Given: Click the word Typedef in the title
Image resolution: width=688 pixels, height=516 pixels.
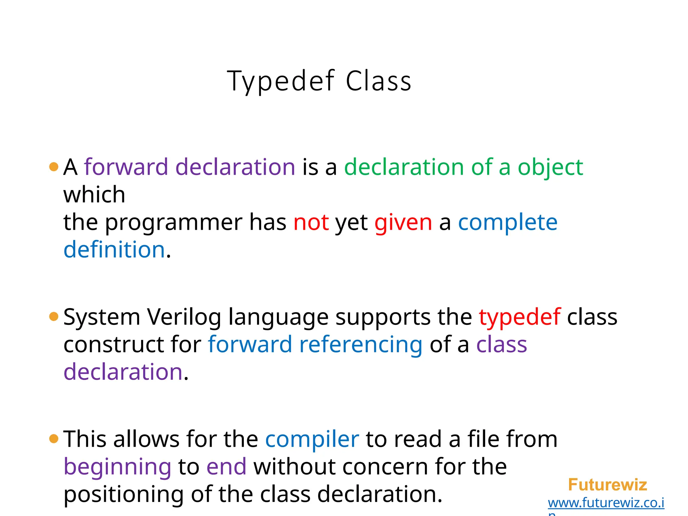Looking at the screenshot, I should [x=281, y=81].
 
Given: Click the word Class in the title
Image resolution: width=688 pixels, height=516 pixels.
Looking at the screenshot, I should [x=378, y=81].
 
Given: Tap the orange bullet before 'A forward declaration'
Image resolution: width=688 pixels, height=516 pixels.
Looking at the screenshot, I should [x=54, y=167].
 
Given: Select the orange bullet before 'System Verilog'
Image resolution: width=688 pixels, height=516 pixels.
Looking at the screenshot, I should [x=54, y=316].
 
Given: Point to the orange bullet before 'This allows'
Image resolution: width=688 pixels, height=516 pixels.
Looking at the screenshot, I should [x=54, y=439].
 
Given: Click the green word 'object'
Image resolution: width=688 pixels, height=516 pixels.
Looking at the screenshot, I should [x=550, y=167].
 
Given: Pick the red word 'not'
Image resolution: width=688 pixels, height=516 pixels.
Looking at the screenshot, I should [x=311, y=222].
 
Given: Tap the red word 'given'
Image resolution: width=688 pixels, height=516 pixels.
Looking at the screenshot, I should [x=403, y=223].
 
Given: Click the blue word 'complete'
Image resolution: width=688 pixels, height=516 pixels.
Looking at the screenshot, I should [x=508, y=222].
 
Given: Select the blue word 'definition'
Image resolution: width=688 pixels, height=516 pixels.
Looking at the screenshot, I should [x=114, y=250].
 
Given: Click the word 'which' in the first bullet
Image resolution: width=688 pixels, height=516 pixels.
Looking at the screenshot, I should [x=94, y=195].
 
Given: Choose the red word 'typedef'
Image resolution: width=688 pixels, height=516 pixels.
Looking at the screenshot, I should [x=520, y=317].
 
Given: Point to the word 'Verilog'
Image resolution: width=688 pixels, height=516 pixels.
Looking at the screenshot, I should [x=184, y=317].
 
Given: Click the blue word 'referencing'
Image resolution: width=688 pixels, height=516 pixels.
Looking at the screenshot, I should [x=361, y=345].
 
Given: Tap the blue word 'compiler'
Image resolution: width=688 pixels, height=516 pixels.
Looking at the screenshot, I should [x=312, y=439].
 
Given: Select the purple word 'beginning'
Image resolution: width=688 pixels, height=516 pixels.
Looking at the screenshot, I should [x=118, y=467].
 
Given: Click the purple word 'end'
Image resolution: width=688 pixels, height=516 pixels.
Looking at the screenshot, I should [x=226, y=467].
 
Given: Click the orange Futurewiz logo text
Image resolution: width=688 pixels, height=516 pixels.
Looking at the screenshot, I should [x=607, y=485].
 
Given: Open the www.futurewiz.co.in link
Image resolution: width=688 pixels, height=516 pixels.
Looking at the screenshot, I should [x=606, y=503].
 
